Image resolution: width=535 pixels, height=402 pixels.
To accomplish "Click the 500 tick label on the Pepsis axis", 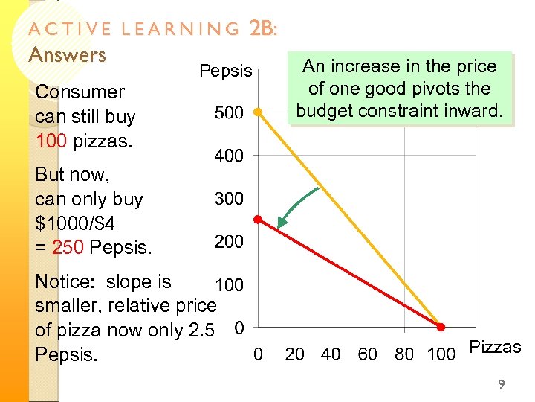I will tap(229, 113).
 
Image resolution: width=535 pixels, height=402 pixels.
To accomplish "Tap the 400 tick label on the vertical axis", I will tap(229, 156).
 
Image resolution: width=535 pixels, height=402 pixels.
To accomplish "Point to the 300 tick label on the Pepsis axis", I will tap(229, 199).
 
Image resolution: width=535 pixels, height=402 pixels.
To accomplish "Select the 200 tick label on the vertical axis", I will tap(229, 242).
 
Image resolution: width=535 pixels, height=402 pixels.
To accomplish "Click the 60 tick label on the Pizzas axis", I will tap(368, 354).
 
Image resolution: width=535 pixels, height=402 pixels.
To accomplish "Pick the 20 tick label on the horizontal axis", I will tap(295, 354).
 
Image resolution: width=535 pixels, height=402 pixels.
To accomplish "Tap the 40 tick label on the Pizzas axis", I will tap(331, 354).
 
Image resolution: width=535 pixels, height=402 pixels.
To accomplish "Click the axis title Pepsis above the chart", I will tap(226, 71).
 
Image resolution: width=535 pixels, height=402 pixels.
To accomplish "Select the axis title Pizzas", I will tap(496, 347).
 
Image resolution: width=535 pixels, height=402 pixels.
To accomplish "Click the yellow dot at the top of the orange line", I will tap(257, 112).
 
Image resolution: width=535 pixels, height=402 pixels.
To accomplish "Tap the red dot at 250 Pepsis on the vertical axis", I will tap(257, 220).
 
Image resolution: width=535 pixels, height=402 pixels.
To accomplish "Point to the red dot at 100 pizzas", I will tap(440, 327).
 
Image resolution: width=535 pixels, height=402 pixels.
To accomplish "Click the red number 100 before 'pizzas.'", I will tap(52, 141).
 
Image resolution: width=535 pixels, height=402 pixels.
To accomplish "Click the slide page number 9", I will tap(502, 384).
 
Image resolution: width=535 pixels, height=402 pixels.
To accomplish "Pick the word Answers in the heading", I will tap(68, 54).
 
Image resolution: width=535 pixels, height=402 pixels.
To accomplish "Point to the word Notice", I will tap(65, 282).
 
